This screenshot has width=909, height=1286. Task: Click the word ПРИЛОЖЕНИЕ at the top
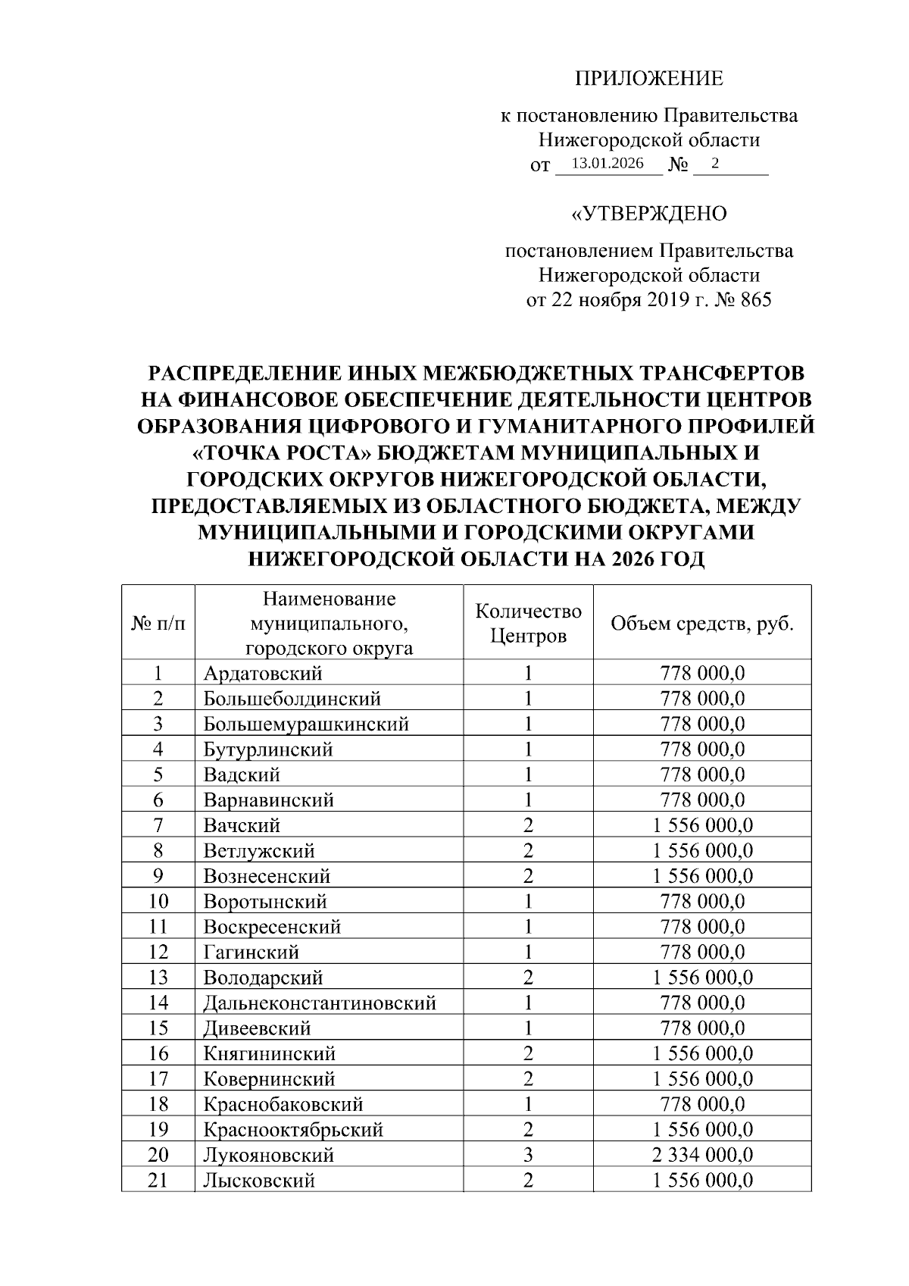tap(648, 78)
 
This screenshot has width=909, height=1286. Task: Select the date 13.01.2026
tap(608, 164)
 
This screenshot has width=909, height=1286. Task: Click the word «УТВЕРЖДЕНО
tap(648, 214)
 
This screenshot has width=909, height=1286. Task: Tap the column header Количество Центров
tap(528, 623)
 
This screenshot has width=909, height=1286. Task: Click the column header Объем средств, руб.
tap(702, 623)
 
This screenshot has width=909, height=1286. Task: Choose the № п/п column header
tap(158, 623)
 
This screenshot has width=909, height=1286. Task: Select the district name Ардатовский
tap(262, 673)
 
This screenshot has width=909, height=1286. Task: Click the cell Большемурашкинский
tap(306, 724)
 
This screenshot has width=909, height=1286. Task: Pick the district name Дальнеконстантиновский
tap(319, 1003)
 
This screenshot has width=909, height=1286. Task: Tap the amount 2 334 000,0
tap(702, 1155)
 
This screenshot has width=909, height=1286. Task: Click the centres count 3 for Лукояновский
tap(528, 1155)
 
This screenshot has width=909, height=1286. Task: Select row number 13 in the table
tap(158, 978)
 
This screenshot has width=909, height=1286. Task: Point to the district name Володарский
tap(263, 978)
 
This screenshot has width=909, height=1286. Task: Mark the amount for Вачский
tap(702, 825)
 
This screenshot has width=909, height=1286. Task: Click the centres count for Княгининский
tap(528, 1053)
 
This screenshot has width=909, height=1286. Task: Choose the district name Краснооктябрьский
tap(292, 1130)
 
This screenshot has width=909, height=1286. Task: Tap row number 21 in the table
tap(158, 1181)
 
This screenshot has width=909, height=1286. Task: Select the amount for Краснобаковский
tap(702, 1104)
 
